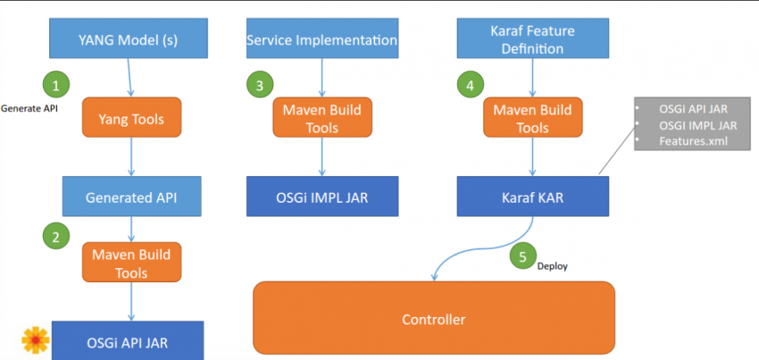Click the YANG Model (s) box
[x=131, y=40]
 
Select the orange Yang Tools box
[x=131, y=119]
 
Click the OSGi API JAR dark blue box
[x=127, y=341]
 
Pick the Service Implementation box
[x=321, y=40]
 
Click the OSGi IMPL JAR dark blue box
[x=321, y=197]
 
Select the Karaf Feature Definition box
[x=533, y=40]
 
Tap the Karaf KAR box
[x=533, y=197]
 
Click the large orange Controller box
[x=434, y=318]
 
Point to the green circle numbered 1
[x=56, y=86]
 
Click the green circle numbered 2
[x=56, y=237]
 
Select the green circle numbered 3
[x=259, y=86]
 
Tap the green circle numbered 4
[x=469, y=86]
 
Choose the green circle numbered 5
[x=522, y=256]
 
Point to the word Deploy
[x=552, y=266]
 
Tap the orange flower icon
[x=35, y=340]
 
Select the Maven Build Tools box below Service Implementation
[x=321, y=119]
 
